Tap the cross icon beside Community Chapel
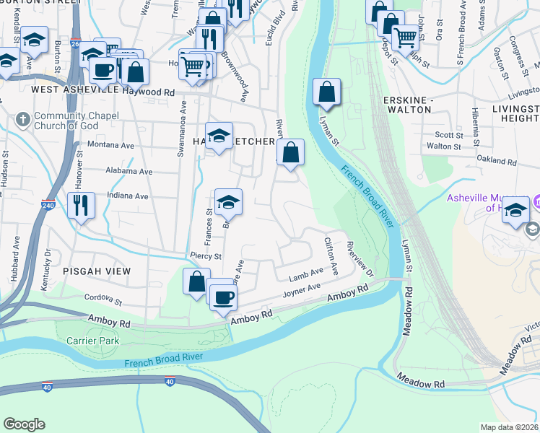pos(23,118)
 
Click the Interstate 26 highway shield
pos(76,43)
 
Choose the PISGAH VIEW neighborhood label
pos(97,271)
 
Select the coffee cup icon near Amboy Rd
pos(223,296)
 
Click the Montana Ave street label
pos(111,145)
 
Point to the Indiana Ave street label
pos(126,196)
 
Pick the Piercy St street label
pos(205,256)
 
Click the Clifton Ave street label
pos(331,255)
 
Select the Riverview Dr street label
pos(360,259)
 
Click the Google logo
pos(25,424)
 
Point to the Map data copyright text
pos(509,427)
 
